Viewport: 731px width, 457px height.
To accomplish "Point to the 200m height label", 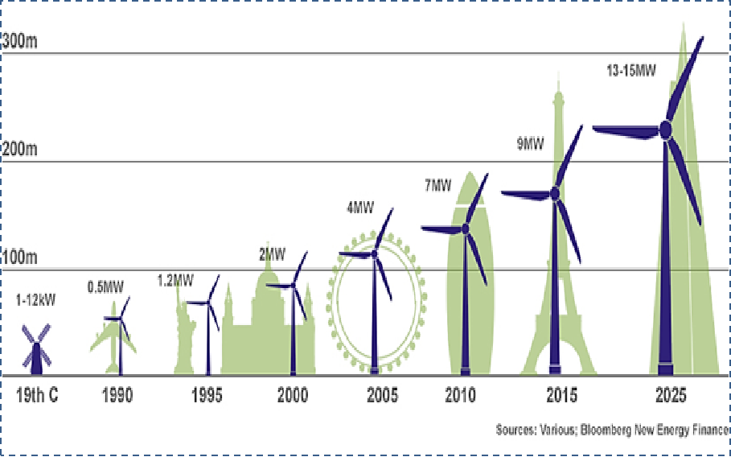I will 22,150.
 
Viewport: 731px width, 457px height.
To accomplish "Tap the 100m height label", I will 22,258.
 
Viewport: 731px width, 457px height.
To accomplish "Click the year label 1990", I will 117,396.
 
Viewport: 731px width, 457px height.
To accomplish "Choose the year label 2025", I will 670,396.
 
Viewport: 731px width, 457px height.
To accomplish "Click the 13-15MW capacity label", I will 630,71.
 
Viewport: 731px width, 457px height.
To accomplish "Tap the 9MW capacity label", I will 530,145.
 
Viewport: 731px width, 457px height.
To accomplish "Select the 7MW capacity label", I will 438,186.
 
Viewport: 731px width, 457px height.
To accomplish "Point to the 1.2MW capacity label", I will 175,281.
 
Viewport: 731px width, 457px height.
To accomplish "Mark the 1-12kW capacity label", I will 35,301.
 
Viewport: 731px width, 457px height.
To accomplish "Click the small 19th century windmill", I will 35,350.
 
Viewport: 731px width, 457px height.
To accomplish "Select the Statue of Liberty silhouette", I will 184,338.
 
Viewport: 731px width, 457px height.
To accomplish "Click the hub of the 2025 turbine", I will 666,129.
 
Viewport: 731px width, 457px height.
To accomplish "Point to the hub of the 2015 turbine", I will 554,194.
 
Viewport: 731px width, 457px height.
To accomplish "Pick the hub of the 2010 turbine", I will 466,229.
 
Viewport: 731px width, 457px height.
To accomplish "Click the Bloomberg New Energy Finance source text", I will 614,430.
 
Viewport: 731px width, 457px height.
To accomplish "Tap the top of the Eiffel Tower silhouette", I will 557,76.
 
